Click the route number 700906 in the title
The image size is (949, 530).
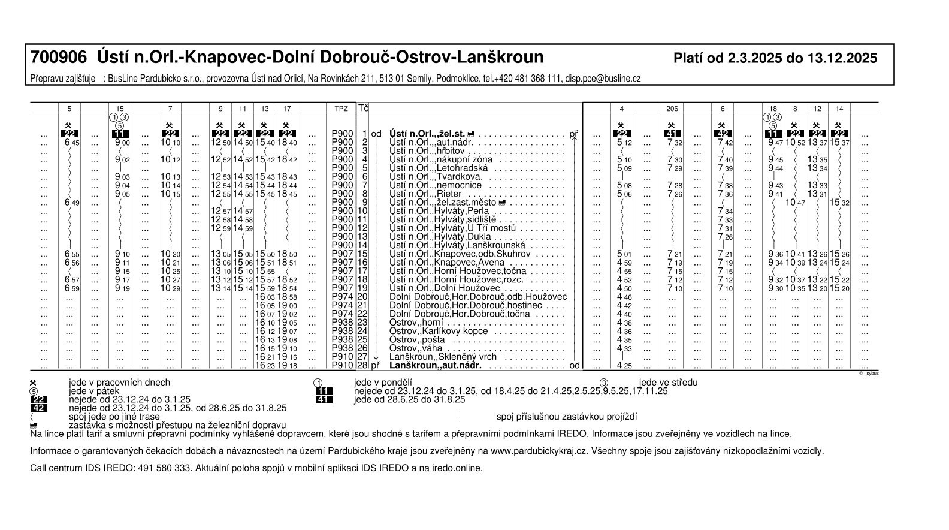(x=59, y=58)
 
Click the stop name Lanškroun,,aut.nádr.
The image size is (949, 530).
(x=436, y=365)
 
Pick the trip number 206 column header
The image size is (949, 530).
(x=672, y=109)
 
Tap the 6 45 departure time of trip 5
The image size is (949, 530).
(x=71, y=143)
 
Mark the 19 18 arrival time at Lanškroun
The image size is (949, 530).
(x=287, y=365)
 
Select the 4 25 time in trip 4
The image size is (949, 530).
(x=624, y=365)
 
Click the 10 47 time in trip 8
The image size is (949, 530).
(x=796, y=203)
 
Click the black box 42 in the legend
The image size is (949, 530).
(x=38, y=408)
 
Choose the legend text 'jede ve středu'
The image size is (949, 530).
(x=668, y=383)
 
